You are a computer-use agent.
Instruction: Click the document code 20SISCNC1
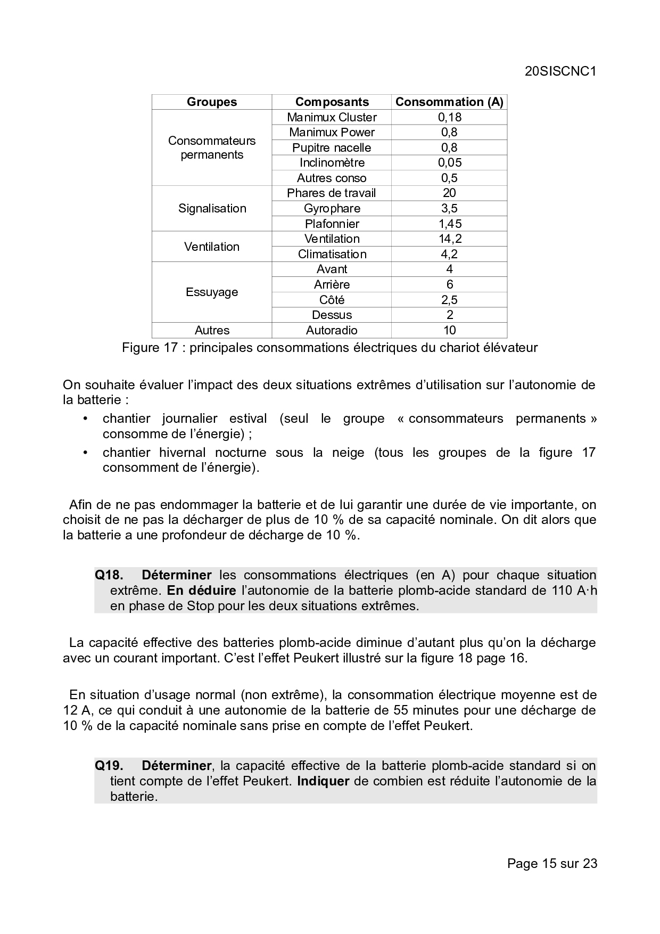tap(560, 71)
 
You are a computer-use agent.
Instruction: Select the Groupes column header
tap(212, 102)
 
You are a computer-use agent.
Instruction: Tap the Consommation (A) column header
tap(449, 102)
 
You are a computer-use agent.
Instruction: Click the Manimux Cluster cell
tap(332, 117)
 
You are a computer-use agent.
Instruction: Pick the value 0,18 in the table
tap(449, 117)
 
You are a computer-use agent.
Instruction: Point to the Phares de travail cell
tap(332, 193)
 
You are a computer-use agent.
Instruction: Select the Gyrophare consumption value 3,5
tap(449, 208)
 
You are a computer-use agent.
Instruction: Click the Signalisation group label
tap(212, 208)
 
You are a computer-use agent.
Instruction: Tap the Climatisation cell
tap(332, 254)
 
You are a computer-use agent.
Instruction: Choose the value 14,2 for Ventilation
tap(449, 239)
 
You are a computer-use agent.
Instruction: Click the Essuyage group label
tap(212, 292)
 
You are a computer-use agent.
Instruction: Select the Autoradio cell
tap(332, 330)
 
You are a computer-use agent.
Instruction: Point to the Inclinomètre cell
tap(332, 162)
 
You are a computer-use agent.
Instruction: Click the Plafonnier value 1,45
tap(449, 224)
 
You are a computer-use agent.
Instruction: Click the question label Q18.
tap(109, 575)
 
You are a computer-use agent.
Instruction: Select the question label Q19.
tap(109, 766)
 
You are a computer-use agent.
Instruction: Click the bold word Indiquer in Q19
tap(323, 781)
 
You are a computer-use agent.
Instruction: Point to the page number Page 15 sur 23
tap(552, 863)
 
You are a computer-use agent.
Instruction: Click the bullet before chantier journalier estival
tap(85, 419)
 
